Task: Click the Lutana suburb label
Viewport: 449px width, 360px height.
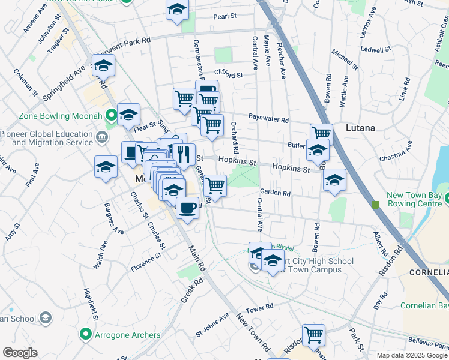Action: (x=360, y=128)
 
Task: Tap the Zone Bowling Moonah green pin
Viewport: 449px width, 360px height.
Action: (x=111, y=114)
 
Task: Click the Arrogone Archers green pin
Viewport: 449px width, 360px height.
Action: (x=85, y=333)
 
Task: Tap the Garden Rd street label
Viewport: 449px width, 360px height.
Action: (x=275, y=193)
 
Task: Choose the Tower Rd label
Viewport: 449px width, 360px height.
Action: (x=259, y=308)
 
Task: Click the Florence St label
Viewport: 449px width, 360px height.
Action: (x=146, y=262)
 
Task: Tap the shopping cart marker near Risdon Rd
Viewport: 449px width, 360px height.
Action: (x=313, y=335)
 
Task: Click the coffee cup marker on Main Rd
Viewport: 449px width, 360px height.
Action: (x=187, y=208)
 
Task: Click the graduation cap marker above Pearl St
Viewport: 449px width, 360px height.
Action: (x=177, y=10)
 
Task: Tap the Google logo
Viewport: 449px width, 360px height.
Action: (x=20, y=353)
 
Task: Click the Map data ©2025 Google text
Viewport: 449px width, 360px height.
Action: (x=412, y=355)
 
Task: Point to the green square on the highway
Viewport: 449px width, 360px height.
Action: (x=376, y=205)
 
